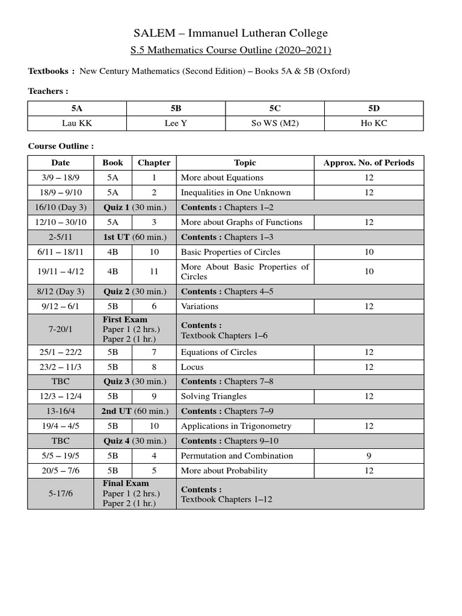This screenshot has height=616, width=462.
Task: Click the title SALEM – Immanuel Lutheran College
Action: [x=230, y=33]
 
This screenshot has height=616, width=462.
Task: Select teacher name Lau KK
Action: [x=77, y=123]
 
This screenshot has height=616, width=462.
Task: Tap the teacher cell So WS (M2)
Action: [x=274, y=123]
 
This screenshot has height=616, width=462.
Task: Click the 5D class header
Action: [x=374, y=108]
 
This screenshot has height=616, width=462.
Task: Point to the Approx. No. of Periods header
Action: [x=369, y=162]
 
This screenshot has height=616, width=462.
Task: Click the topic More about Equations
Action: [x=222, y=177]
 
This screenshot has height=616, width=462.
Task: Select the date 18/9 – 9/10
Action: [x=60, y=192]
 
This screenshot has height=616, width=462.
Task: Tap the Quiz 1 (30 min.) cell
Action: [x=135, y=208]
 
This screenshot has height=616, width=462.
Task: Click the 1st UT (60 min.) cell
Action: [x=135, y=237]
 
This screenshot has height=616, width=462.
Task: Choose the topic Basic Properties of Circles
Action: [x=230, y=252]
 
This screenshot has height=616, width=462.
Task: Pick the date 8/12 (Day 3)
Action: [x=60, y=292]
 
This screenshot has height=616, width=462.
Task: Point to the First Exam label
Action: [x=125, y=319]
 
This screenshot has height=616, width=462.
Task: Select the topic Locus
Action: [x=192, y=367]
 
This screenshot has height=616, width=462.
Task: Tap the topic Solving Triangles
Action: [x=214, y=396]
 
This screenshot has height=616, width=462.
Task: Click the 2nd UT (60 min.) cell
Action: [x=135, y=411]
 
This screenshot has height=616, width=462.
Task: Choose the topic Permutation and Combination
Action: [x=237, y=456]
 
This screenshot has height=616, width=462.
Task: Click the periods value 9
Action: [x=369, y=456]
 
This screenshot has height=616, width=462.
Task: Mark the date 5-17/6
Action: [x=60, y=493]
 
